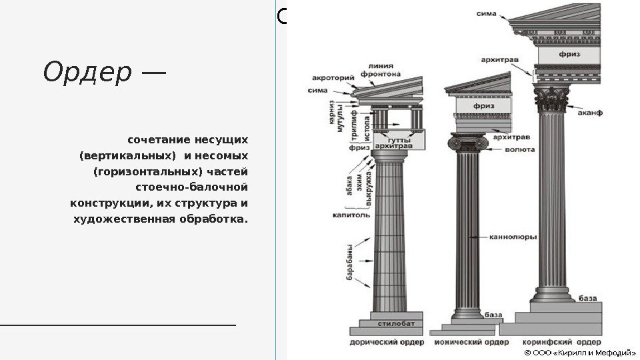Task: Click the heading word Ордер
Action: click(x=87, y=73)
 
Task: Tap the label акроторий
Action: click(x=333, y=77)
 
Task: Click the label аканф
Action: click(x=589, y=113)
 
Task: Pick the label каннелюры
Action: click(x=509, y=236)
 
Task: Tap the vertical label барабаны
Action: click(x=349, y=265)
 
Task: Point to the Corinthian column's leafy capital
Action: click(x=550, y=100)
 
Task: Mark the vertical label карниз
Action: click(x=331, y=113)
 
